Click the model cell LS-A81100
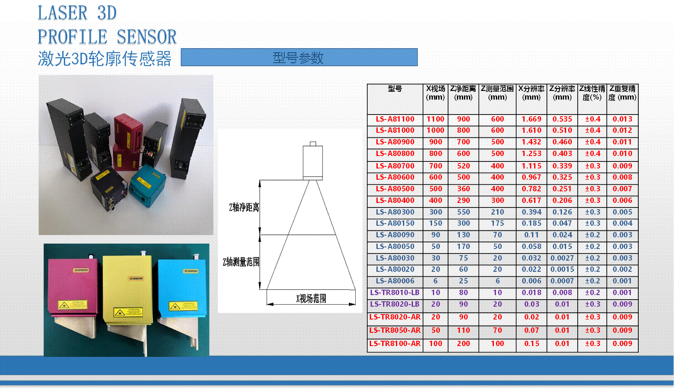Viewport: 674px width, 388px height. click(x=395, y=119)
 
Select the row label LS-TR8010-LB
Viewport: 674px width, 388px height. click(x=395, y=293)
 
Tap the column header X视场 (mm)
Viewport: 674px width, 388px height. click(x=435, y=93)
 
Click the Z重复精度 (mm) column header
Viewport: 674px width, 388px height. click(x=622, y=93)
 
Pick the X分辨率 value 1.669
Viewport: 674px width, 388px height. click(x=531, y=119)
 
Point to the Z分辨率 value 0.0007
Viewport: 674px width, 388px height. click(x=562, y=281)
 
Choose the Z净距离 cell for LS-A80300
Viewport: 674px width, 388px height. click(x=463, y=212)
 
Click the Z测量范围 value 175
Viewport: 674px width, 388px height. click(x=497, y=223)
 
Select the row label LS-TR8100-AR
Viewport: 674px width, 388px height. click(x=395, y=344)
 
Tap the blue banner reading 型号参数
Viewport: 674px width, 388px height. click(x=299, y=57)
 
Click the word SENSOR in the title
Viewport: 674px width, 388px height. click(x=146, y=37)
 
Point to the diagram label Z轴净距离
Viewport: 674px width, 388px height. click(x=244, y=207)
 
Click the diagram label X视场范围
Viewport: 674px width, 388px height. click(x=311, y=298)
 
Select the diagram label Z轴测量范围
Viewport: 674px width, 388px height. click(x=241, y=262)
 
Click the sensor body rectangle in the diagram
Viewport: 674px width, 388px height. click(x=313, y=162)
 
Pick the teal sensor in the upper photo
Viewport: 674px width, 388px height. click(x=147, y=185)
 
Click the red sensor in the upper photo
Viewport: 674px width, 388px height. click(x=127, y=142)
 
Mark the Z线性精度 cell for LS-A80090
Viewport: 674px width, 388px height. click(x=593, y=235)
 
